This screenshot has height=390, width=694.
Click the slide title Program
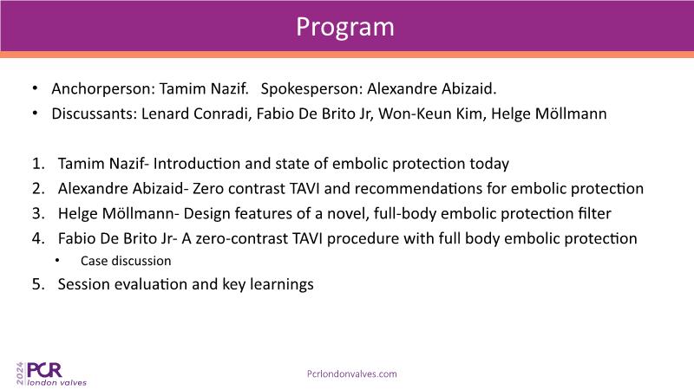click(344, 28)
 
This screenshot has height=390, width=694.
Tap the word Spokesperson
click(311, 89)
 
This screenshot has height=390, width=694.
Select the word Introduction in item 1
click(197, 164)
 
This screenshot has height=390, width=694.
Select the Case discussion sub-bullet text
click(126, 261)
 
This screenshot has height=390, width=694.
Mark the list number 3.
click(38, 213)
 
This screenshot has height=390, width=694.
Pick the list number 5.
click(38, 284)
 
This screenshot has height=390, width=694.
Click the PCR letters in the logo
click(44, 370)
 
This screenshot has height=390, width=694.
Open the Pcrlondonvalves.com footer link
click(352, 374)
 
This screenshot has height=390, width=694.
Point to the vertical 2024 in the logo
click(20, 373)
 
